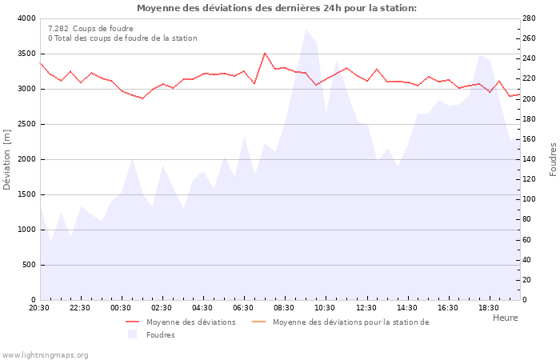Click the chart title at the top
click(276, 8)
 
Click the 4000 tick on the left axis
click(26, 18)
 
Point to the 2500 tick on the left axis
click(26, 124)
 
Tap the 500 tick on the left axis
click(29, 265)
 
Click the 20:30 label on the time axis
click(39, 308)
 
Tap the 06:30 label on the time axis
click(244, 308)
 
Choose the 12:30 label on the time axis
click(366, 308)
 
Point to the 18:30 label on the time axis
click(489, 308)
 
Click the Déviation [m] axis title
click(8, 159)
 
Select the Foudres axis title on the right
click(553, 159)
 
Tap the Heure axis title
click(505, 318)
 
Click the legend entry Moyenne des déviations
click(190, 322)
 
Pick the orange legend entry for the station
click(350, 322)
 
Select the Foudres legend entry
click(160, 335)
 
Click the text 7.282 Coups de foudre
click(90, 29)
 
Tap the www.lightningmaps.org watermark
click(45, 355)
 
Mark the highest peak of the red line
click(265, 53)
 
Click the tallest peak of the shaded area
click(306, 30)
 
